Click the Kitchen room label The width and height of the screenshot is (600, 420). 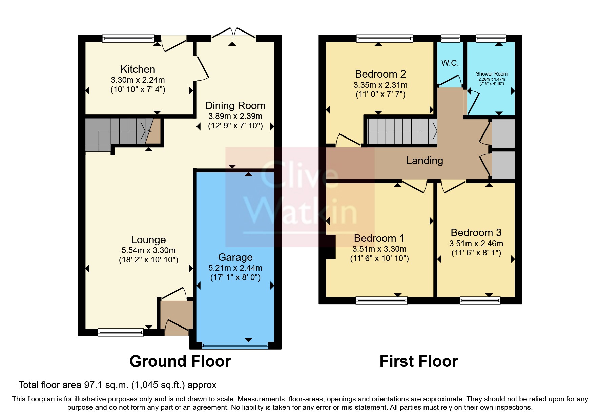(x=138, y=69)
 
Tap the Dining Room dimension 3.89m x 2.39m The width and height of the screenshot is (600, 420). (x=235, y=116)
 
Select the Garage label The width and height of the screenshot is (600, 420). (x=235, y=257)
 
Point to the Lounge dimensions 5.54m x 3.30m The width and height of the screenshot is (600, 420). (x=148, y=250)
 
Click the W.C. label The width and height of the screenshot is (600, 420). (x=450, y=63)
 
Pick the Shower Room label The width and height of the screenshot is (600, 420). (x=492, y=74)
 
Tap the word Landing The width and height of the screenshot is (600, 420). (x=425, y=161)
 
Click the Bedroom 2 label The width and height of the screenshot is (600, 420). (x=380, y=74)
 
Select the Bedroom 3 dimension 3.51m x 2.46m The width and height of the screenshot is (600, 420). (x=476, y=244)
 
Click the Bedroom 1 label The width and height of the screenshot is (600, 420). (x=379, y=238)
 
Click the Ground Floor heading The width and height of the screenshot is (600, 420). (x=180, y=361)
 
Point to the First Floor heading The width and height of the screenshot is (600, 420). (x=418, y=361)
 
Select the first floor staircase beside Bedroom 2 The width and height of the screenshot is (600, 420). (x=401, y=131)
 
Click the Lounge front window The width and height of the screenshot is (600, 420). (x=121, y=332)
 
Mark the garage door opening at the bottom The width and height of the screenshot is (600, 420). (x=235, y=346)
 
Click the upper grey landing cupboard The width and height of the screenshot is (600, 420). (x=503, y=133)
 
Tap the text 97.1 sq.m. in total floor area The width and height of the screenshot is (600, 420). (x=106, y=385)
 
